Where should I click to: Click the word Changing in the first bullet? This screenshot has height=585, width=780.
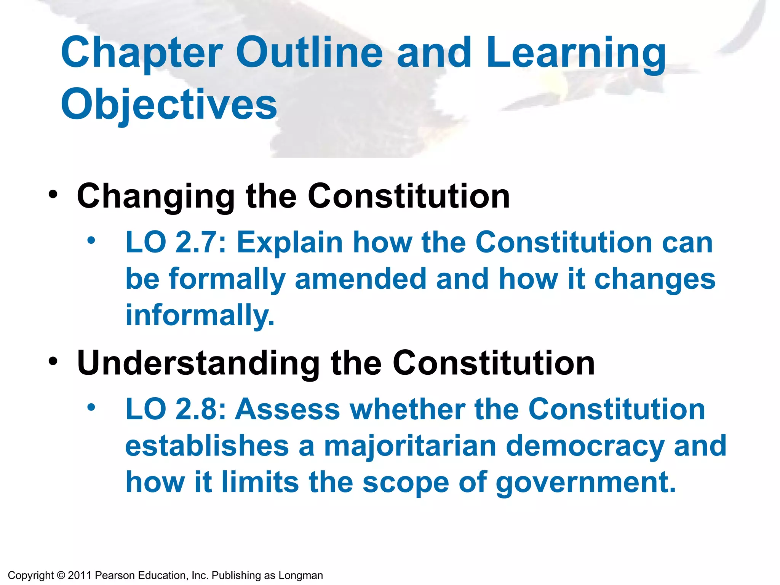(155, 197)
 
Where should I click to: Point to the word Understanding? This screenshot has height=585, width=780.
(198, 363)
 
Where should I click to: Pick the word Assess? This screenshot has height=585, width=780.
(288, 409)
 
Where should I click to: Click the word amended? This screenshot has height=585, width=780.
(361, 279)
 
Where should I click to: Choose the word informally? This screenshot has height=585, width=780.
(200, 315)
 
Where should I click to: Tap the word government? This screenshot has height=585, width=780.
(586, 483)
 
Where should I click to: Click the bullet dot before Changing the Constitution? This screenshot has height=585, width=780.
(53, 195)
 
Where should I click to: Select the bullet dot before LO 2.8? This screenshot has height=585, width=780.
(91, 408)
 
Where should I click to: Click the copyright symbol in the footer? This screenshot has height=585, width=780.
(61, 575)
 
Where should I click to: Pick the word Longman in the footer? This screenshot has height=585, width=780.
(301, 575)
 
